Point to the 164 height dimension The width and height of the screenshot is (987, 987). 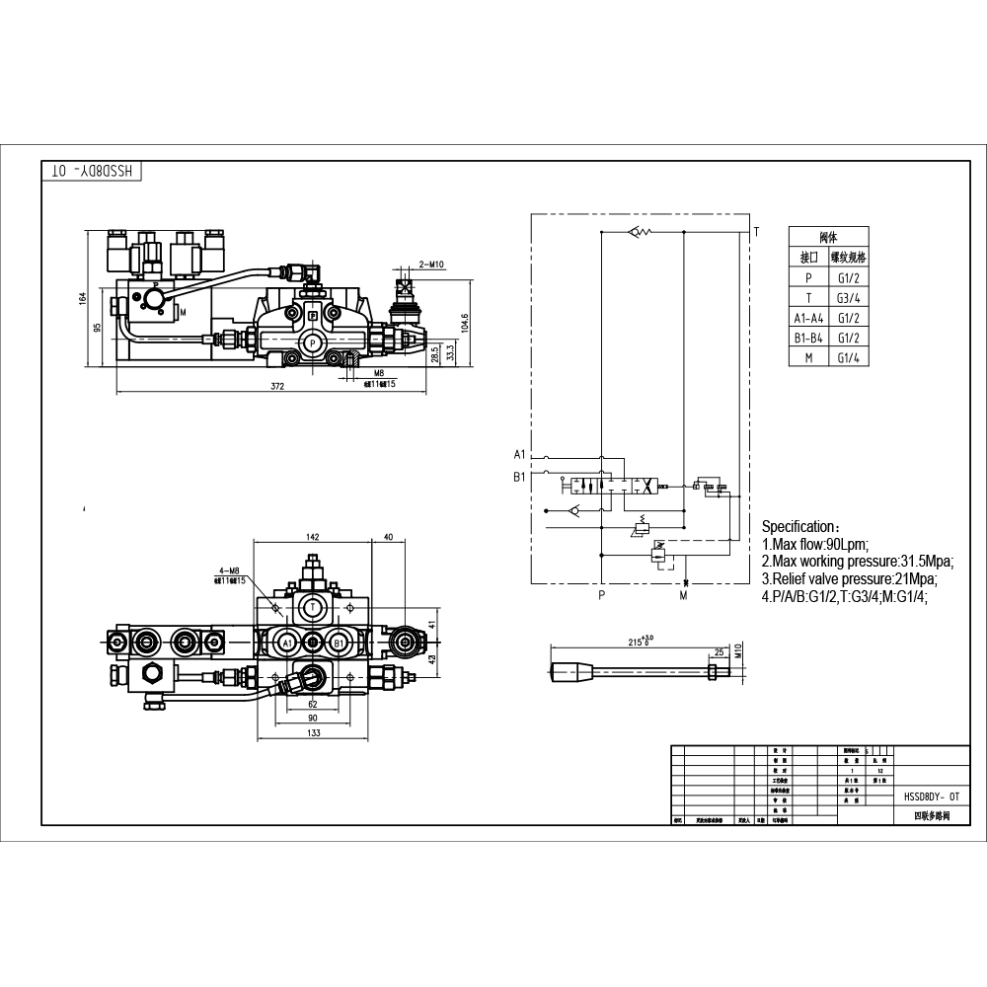tap(84, 298)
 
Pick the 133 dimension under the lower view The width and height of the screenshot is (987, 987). tap(312, 733)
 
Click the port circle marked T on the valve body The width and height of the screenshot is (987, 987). tap(312, 606)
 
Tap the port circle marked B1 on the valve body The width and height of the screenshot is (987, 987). tap(339, 643)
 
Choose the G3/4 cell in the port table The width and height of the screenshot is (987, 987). tap(847, 298)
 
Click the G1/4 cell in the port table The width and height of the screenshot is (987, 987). tap(847, 357)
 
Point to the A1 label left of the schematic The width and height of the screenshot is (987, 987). tap(520, 455)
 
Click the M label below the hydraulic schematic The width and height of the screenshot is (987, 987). tap(682, 596)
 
